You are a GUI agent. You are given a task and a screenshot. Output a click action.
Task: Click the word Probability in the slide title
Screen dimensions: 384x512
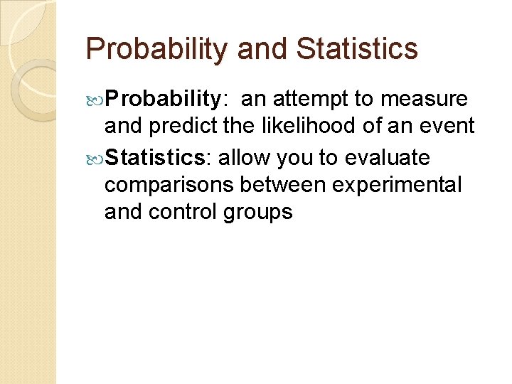click(157, 49)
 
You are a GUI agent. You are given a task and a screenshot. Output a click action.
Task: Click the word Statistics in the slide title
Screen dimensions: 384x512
click(357, 49)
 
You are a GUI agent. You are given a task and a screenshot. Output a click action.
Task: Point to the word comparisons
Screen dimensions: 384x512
click(169, 185)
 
